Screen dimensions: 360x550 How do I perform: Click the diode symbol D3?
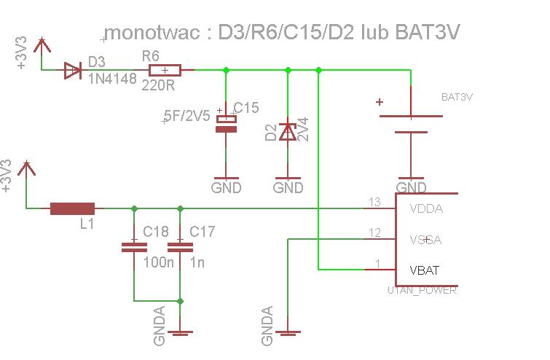coord(72,70)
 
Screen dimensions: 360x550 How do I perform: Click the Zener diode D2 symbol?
coord(288,131)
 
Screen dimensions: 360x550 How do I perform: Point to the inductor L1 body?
coord(72,209)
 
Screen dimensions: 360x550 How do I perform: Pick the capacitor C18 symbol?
coord(133,246)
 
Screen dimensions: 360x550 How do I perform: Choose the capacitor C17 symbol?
coord(180,246)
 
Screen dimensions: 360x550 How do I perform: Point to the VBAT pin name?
coord(425,270)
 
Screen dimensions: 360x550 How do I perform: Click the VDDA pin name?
coord(426,209)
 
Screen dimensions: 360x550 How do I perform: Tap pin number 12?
coord(374,232)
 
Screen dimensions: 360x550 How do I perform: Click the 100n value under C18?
coord(159,262)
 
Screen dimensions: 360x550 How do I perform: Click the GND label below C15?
coord(226,187)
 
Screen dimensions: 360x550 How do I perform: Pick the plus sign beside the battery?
coord(379,102)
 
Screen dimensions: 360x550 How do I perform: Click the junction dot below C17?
coord(180,300)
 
